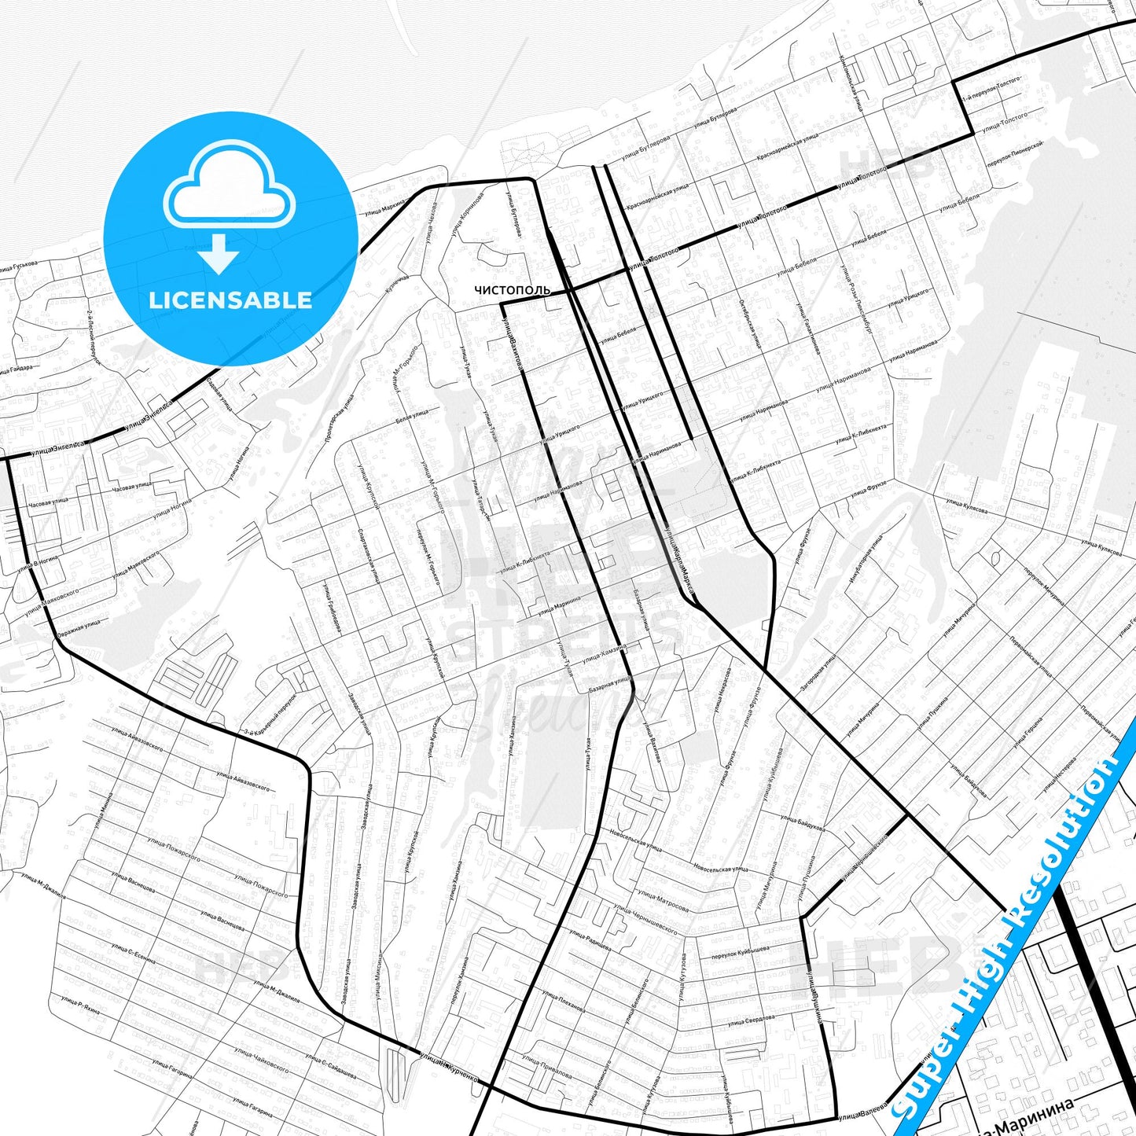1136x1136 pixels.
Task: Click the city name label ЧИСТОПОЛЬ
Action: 512,290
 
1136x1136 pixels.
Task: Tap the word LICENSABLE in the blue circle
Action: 230,300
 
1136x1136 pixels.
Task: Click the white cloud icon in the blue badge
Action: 229,186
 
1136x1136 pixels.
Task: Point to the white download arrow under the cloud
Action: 219,253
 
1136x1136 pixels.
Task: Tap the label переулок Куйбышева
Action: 740,952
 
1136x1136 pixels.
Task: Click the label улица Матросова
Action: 664,900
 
